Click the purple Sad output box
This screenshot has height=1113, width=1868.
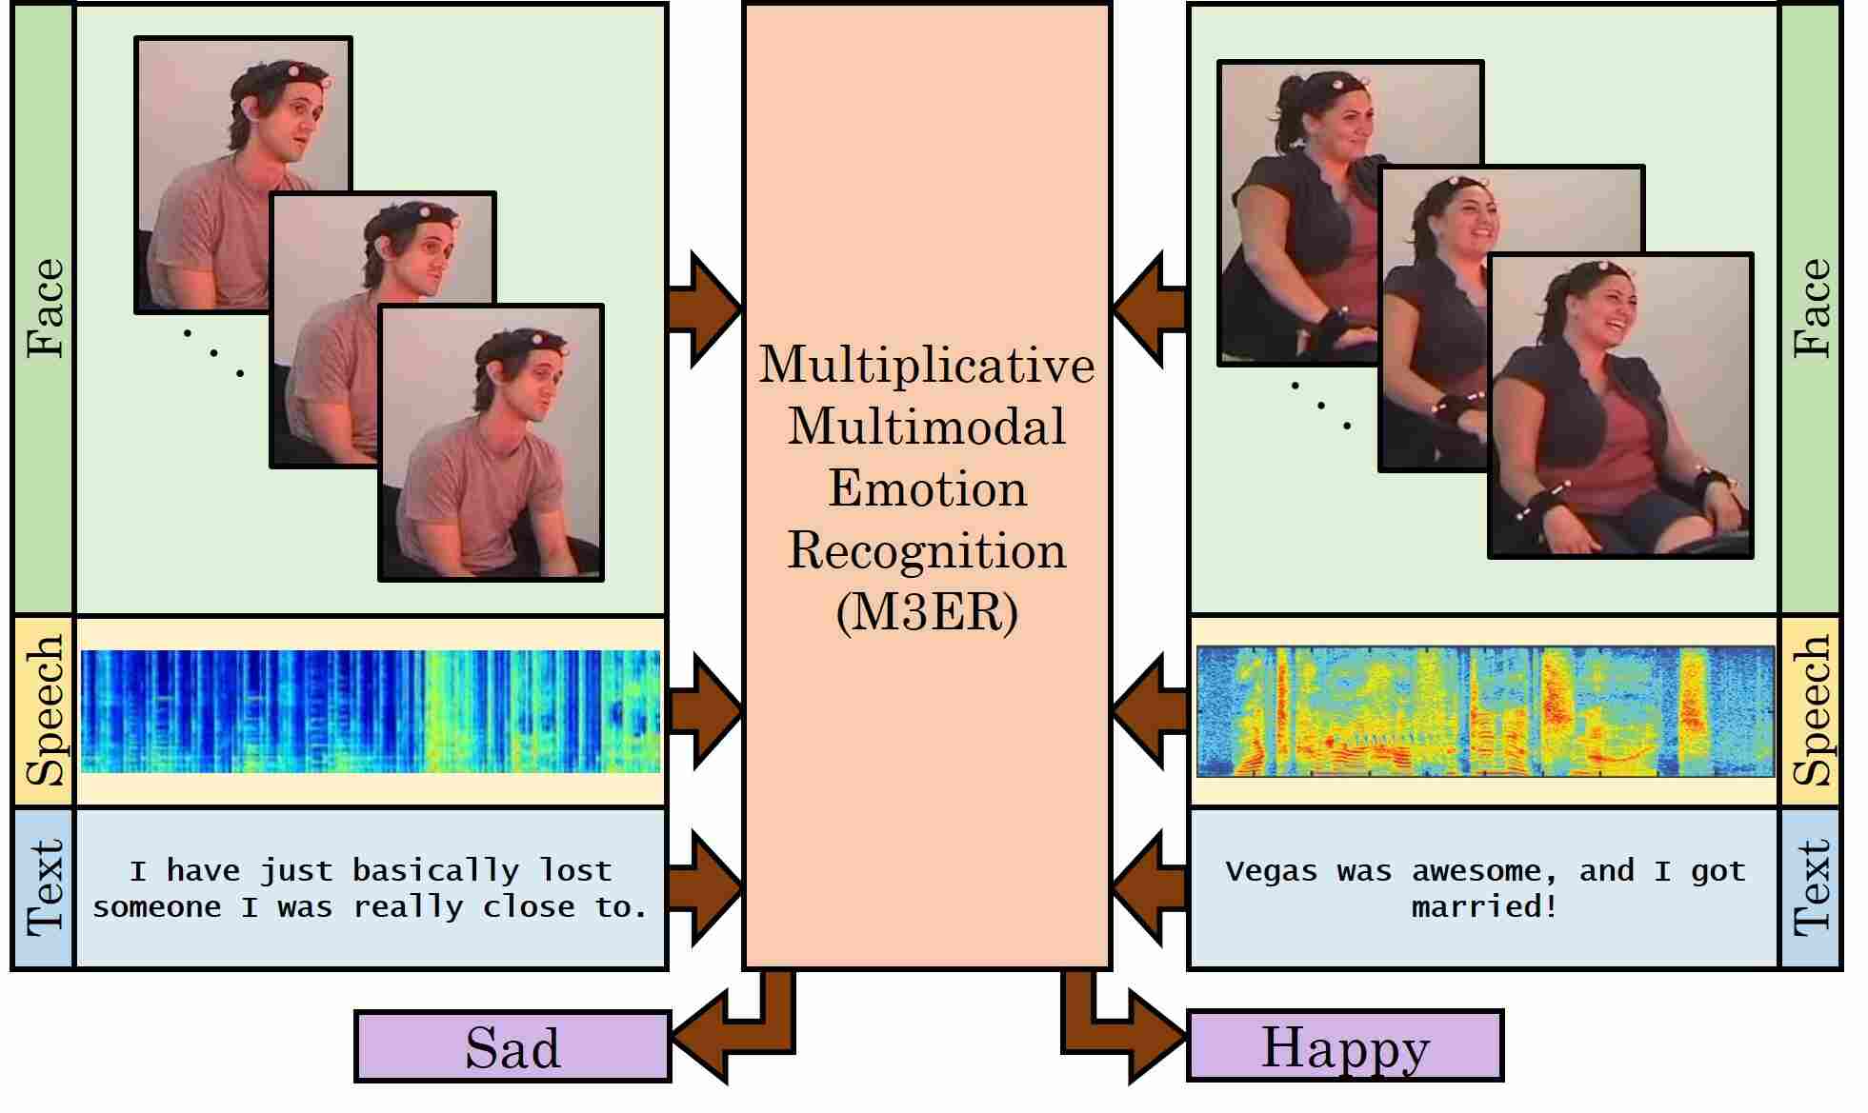click(x=512, y=1046)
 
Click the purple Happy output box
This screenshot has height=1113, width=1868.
click(x=1344, y=1045)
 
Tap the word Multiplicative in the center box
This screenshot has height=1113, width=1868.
click(x=926, y=365)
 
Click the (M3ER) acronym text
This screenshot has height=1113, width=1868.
click(x=926, y=612)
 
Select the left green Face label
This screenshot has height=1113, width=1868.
click(x=44, y=308)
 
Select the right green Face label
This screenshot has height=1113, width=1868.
click(x=1809, y=308)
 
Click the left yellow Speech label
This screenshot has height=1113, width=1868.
click(x=44, y=710)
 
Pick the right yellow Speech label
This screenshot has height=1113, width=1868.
click(x=1809, y=710)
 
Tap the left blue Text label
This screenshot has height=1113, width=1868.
click(x=44, y=887)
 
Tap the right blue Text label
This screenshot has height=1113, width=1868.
click(x=1809, y=887)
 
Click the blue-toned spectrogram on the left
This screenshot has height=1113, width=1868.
click(x=370, y=710)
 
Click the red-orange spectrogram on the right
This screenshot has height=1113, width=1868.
click(x=1484, y=710)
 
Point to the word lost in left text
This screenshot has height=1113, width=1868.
click(x=575, y=870)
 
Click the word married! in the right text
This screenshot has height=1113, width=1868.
click(x=1484, y=906)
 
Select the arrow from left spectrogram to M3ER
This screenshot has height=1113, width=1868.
click(x=705, y=710)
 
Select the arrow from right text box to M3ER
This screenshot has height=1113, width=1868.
click(x=1149, y=887)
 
